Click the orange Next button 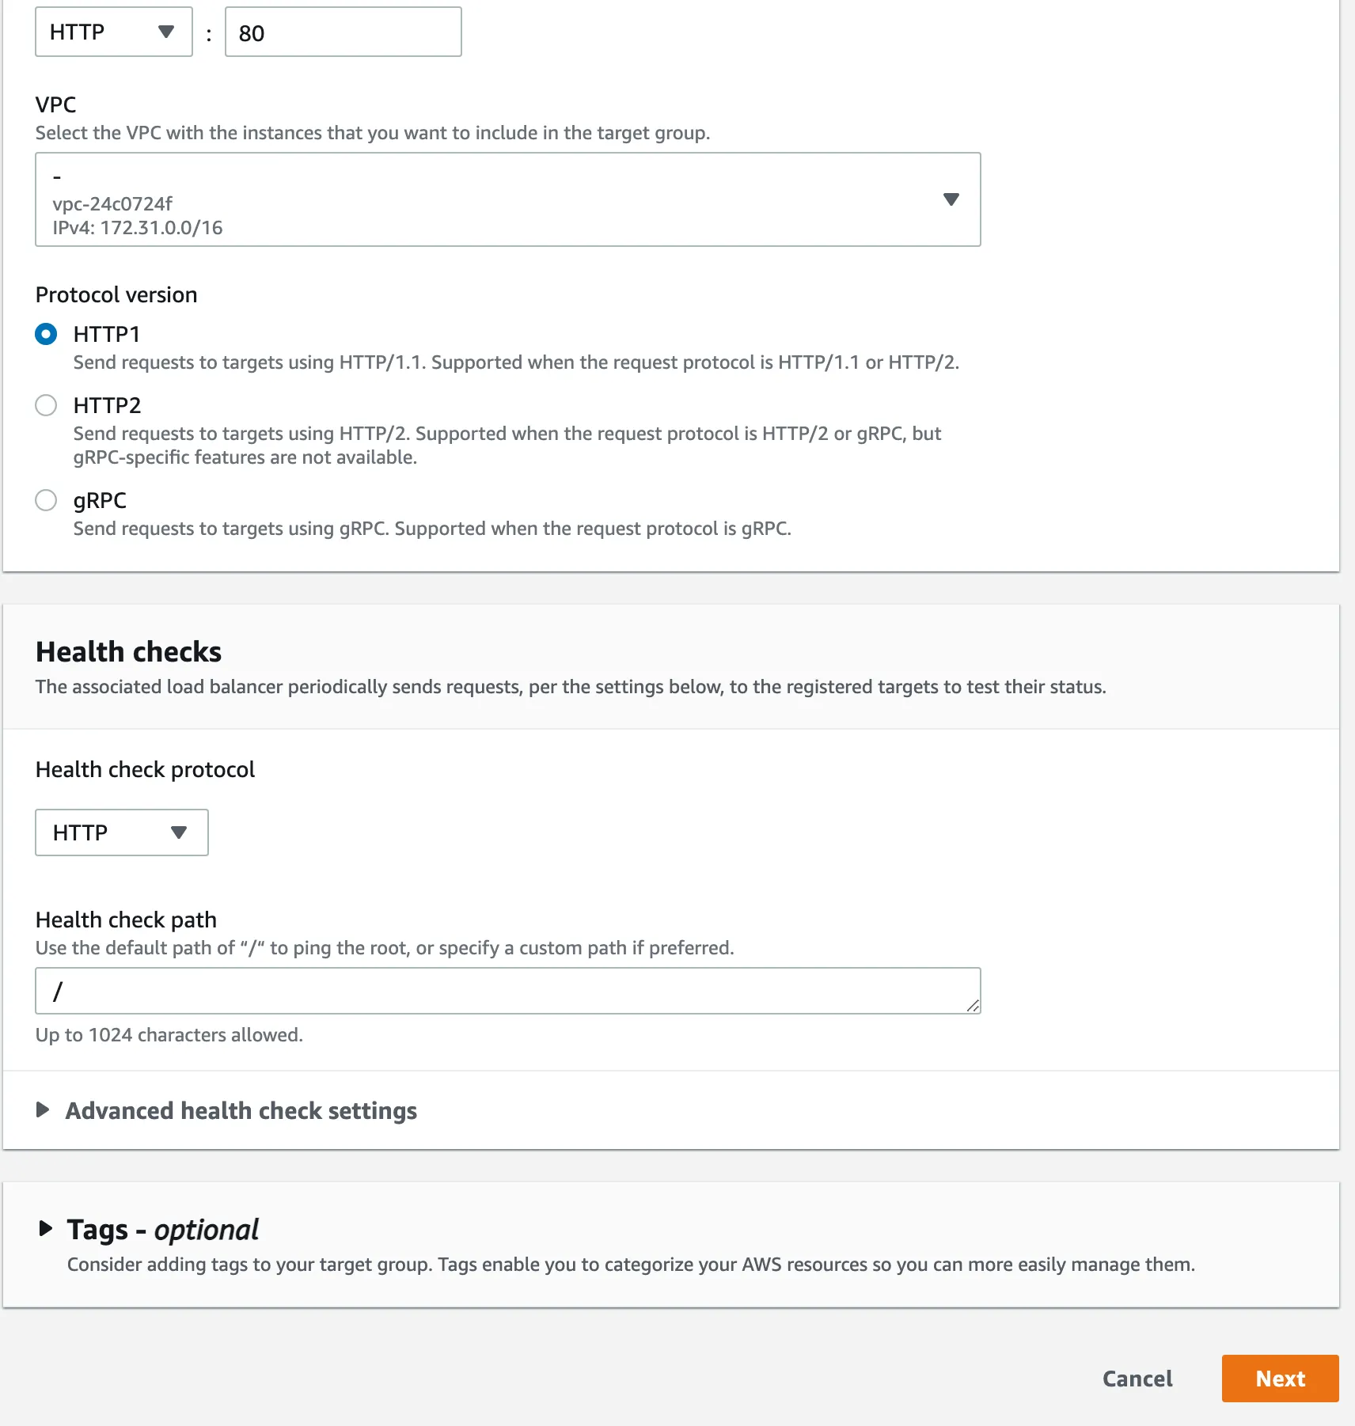(1279, 1379)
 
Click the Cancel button (1137, 1379)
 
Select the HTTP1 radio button (46, 334)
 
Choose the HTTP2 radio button (46, 405)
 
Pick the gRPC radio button (46, 500)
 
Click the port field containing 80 (343, 32)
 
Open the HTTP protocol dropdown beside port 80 (113, 32)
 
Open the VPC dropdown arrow (951, 199)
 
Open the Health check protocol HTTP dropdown (121, 832)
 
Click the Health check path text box (507, 991)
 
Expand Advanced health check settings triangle (44, 1110)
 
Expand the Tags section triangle (46, 1229)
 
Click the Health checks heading (128, 652)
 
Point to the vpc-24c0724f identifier (112, 204)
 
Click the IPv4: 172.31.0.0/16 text (138, 228)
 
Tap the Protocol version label (116, 295)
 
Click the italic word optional (206, 1230)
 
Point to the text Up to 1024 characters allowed (169, 1035)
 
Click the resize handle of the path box (973, 1006)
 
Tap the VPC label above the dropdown (55, 105)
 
